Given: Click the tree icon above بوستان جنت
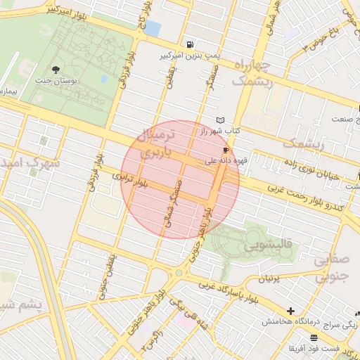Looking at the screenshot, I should [x=56, y=69].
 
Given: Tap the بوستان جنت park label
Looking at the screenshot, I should [x=56, y=81].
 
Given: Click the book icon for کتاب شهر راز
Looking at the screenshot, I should [x=221, y=120].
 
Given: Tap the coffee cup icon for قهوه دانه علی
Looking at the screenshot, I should [x=226, y=150].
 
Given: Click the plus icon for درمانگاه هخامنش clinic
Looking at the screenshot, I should [x=290, y=311].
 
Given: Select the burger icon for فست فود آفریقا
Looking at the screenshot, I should [x=294, y=339].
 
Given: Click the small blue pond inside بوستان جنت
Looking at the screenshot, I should [x=104, y=79].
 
